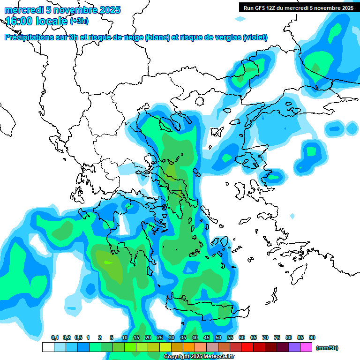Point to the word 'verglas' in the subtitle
click(x=226, y=37)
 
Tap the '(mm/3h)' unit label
click(x=327, y=348)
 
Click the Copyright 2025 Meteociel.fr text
click(x=199, y=357)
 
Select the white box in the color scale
click(x=48, y=347)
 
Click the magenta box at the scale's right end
click(x=306, y=347)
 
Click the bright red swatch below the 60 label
click(x=247, y=347)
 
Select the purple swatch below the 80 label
click(x=294, y=347)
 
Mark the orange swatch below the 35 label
click(x=189, y=347)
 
